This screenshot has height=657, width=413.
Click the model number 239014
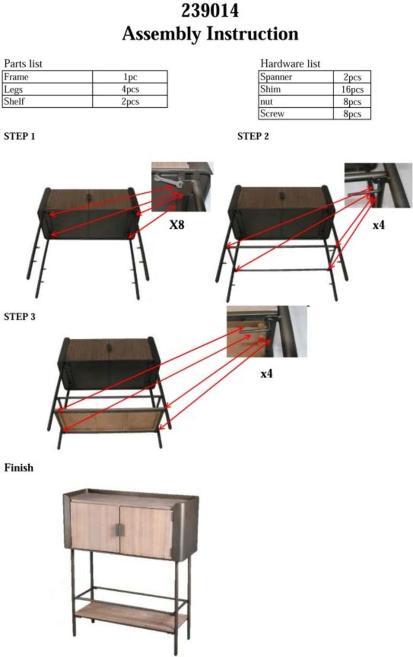pyautogui.click(x=210, y=11)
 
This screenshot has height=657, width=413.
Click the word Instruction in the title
pyautogui.click(x=252, y=34)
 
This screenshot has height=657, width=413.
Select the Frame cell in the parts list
pyautogui.click(x=48, y=77)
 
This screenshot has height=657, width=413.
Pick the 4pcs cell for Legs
pyautogui.click(x=130, y=89)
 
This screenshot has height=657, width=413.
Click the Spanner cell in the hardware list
pyautogui.click(x=296, y=77)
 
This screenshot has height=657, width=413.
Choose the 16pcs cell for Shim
pyautogui.click(x=352, y=89)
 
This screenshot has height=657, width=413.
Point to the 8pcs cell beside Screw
pyautogui.click(x=352, y=113)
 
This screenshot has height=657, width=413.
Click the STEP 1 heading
pyautogui.click(x=19, y=136)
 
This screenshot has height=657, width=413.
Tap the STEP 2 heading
pyautogui.click(x=253, y=136)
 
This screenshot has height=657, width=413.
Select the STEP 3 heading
pyautogui.click(x=19, y=317)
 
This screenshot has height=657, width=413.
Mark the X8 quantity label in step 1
pyautogui.click(x=177, y=225)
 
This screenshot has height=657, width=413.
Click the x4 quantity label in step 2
pyautogui.click(x=378, y=225)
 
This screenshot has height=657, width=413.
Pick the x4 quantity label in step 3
pyautogui.click(x=266, y=374)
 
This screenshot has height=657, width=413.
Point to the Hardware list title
pyautogui.click(x=290, y=64)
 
